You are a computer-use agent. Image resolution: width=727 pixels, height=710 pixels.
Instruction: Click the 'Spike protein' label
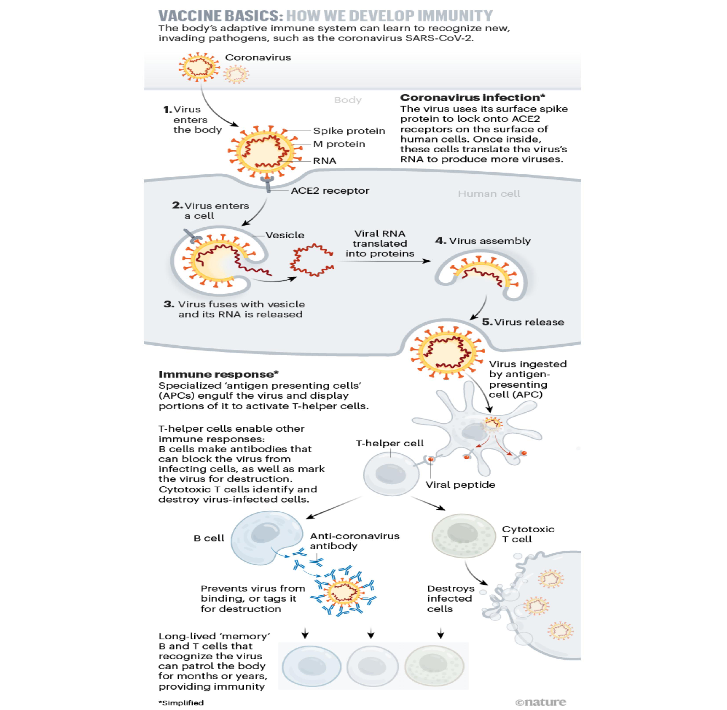point(349,131)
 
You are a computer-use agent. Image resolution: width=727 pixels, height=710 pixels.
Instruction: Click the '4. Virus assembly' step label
point(483,241)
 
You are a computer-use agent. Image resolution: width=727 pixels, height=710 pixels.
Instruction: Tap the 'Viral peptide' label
point(460,485)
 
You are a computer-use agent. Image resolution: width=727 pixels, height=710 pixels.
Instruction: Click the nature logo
point(540,702)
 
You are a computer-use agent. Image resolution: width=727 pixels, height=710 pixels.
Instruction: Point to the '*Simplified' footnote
point(181,703)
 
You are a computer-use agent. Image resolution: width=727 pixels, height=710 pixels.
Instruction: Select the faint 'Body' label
point(348,100)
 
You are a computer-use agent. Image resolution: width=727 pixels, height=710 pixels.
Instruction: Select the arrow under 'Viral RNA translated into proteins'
point(384,261)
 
